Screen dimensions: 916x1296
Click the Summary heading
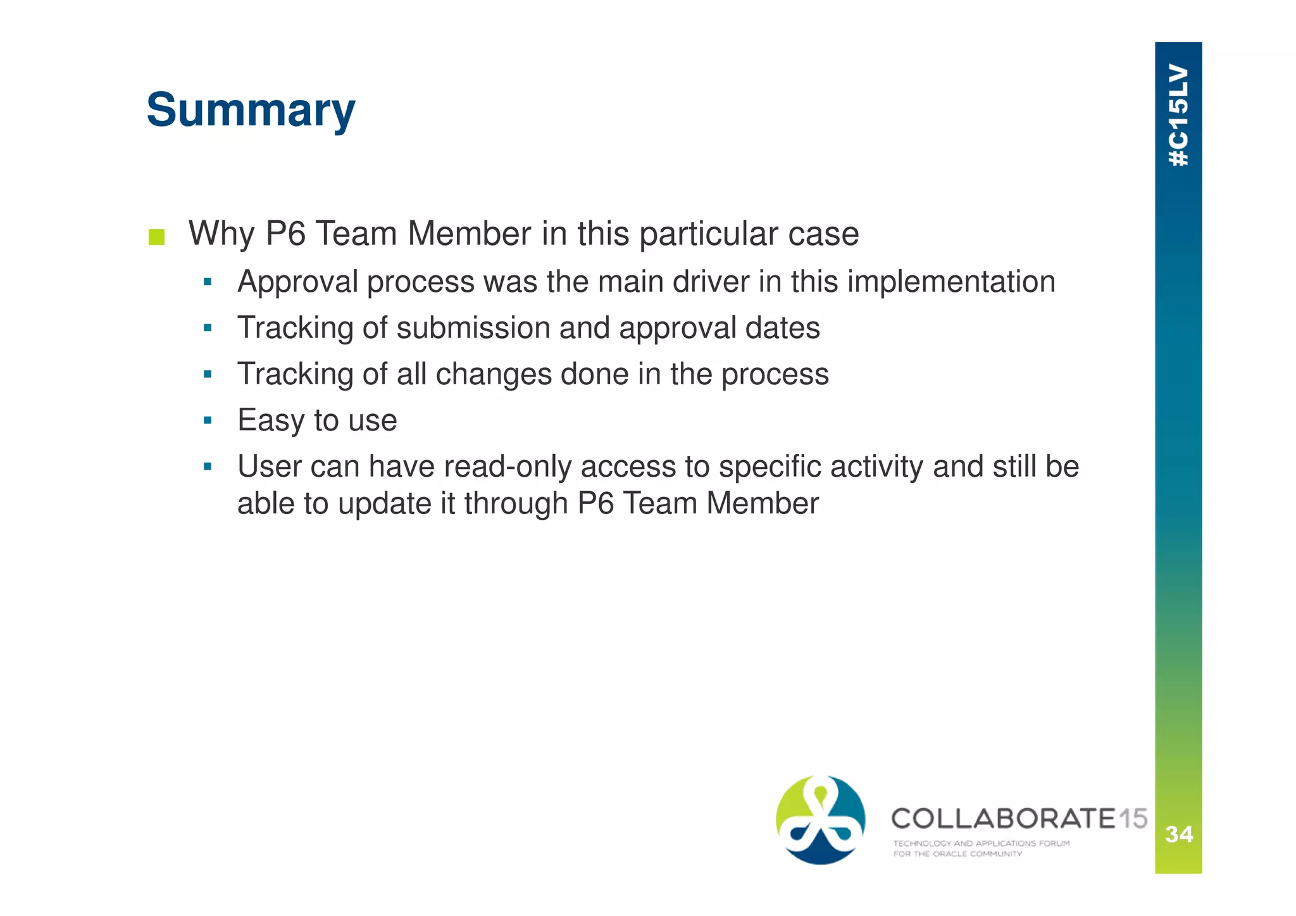coord(251,110)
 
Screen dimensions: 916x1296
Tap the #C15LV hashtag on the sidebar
coord(1178,115)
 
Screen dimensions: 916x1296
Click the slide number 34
coord(1178,834)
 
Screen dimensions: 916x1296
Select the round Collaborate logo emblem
coord(820,820)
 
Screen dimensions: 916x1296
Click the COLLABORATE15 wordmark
coord(1018,819)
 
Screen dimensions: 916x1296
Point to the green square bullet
coord(156,237)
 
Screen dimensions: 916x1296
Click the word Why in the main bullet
coord(221,234)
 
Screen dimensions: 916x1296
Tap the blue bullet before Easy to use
coord(208,420)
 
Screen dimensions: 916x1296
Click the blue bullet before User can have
coord(208,467)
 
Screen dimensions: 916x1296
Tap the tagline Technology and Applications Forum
coord(981,843)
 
